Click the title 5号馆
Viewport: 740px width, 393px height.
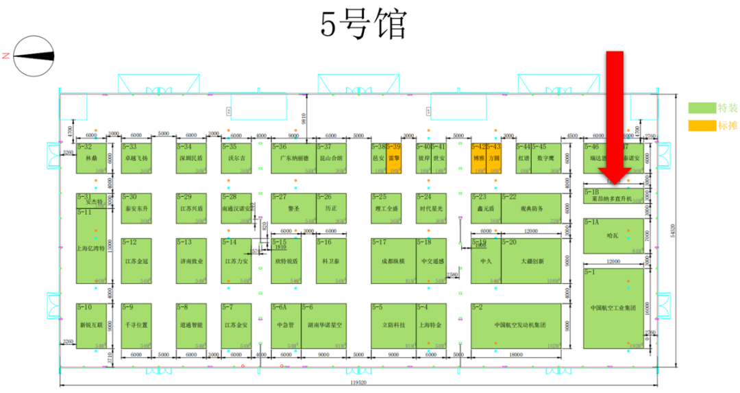tap(363, 25)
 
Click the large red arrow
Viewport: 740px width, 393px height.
tap(615, 117)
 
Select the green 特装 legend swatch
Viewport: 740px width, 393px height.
tap(702, 108)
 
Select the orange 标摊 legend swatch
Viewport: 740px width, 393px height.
tap(702, 126)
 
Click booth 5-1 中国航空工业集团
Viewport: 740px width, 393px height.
tap(613, 309)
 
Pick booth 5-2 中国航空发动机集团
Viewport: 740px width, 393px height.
tap(516, 326)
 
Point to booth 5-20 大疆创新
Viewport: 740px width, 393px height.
tap(531, 261)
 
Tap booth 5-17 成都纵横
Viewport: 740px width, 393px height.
tap(393, 261)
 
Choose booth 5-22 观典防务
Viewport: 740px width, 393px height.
tap(531, 208)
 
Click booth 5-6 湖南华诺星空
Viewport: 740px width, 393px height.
tap(323, 326)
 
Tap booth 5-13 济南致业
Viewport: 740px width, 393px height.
tap(191, 261)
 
